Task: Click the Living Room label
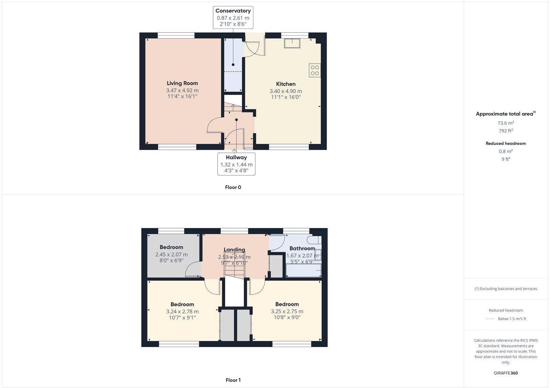point(182,83)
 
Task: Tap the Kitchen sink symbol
point(292,43)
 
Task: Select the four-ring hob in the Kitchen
point(315,71)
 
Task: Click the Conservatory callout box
point(233,17)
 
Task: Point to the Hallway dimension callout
point(236,164)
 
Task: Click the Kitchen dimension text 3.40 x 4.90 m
point(286,91)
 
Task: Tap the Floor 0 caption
point(233,187)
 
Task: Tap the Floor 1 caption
point(233,380)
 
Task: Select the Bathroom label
point(302,248)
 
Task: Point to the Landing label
point(234,250)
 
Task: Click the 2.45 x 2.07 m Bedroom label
point(171,255)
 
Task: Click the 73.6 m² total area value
point(506,123)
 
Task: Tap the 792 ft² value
point(506,131)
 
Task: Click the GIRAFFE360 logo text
point(506,373)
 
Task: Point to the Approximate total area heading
point(504,114)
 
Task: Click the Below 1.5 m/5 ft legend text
point(511,319)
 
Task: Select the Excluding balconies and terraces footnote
point(506,289)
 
